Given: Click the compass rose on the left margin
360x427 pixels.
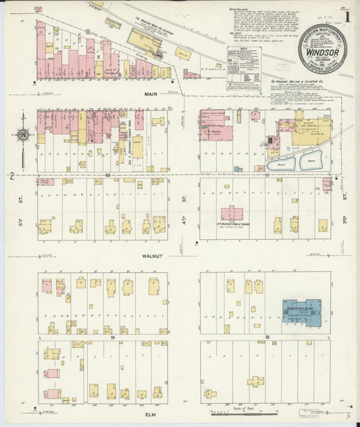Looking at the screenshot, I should click(23, 135).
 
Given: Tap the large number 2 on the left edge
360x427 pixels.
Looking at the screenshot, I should click(11, 176).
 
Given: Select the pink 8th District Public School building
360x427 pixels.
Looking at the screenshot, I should click(232, 214).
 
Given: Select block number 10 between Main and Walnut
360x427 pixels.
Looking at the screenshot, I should click(107, 174).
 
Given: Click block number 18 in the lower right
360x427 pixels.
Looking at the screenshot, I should click(267, 336).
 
